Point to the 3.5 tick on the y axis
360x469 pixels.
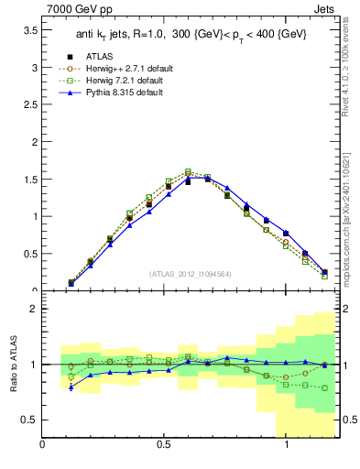point(28,30)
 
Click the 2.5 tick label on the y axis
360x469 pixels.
point(28,105)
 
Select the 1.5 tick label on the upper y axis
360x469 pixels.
point(28,180)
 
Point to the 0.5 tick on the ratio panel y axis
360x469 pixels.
point(28,420)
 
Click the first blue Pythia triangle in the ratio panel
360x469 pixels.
point(71,387)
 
